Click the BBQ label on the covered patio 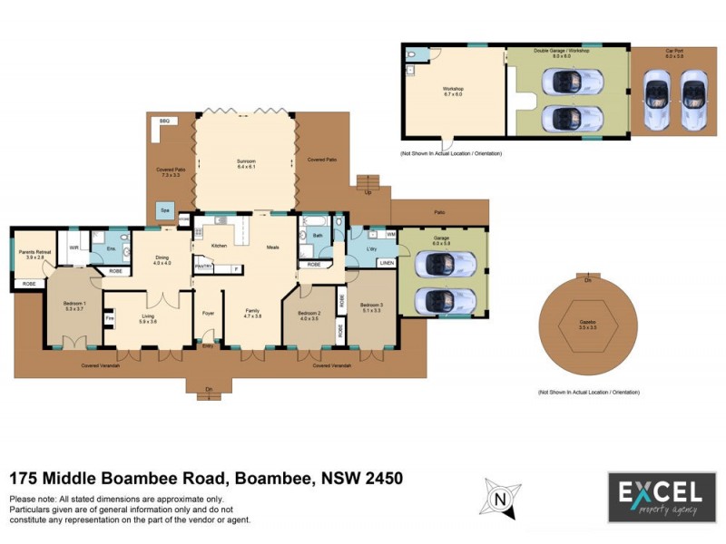164,121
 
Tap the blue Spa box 165,209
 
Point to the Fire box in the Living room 109,319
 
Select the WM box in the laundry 390,235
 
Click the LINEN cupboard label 387,264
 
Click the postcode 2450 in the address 380,478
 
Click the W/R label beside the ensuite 74,247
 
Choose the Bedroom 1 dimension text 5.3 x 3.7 74,309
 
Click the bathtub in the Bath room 319,222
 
